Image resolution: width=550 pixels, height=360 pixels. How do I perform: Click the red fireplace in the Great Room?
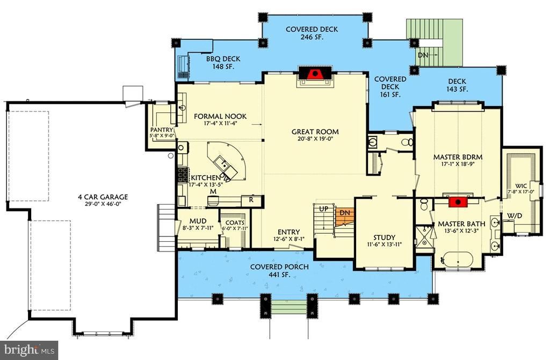(315, 74)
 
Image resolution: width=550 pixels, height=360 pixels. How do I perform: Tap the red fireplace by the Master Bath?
(458, 201)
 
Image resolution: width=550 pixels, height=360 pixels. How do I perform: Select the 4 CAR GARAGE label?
(103, 197)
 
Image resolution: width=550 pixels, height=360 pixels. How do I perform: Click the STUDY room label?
(384, 237)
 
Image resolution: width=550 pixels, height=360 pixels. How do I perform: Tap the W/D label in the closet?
(515, 215)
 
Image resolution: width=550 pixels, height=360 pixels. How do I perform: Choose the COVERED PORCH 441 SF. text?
(279, 270)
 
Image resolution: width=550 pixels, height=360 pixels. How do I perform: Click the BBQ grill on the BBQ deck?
(183, 66)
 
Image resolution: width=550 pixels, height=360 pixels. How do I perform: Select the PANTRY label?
(162, 129)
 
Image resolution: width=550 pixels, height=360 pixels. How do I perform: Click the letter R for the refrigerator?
(251, 200)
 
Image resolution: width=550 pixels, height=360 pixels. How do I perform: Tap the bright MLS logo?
(30, 350)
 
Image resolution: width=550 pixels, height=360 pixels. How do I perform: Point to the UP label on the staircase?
(323, 209)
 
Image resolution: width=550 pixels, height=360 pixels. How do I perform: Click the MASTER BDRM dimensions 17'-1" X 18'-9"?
(458, 163)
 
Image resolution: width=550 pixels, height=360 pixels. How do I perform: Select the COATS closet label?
(235, 223)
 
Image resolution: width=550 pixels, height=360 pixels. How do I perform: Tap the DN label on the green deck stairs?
(423, 55)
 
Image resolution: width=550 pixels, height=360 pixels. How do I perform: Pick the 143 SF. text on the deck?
(457, 89)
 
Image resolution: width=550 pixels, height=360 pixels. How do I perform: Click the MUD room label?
(198, 221)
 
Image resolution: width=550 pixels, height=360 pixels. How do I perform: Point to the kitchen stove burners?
(183, 175)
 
